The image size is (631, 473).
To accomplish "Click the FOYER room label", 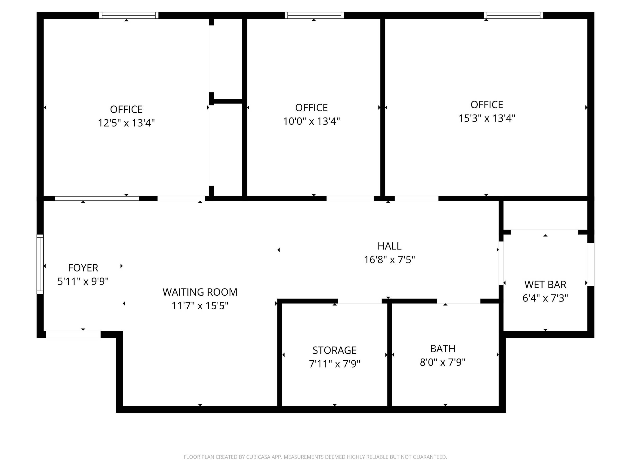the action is point(83,268).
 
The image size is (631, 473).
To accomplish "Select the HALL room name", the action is point(389,246).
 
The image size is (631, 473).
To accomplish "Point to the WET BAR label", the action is point(545,284).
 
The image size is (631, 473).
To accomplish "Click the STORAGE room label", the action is point(335,350).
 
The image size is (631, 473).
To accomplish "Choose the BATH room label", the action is point(443,348).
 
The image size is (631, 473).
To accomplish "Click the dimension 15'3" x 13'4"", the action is point(487,118).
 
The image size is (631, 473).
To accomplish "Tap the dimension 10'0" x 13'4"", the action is point(311,121).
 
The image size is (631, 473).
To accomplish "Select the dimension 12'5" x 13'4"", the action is point(126,123).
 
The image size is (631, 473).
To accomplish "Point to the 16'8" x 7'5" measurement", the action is point(389,260).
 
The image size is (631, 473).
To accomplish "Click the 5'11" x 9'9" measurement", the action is point(83,281).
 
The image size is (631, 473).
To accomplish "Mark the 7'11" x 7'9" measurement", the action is point(335,364).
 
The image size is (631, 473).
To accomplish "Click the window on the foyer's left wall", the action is point(40,264).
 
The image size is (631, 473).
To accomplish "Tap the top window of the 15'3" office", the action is point(513,15).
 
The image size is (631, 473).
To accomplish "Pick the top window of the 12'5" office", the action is point(129,15).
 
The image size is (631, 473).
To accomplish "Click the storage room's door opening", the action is point(360,301).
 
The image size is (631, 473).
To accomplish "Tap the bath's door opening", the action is point(459,301).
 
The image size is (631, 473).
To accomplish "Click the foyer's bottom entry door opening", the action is point(73,334).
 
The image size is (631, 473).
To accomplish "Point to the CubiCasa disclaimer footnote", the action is point(315,457).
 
